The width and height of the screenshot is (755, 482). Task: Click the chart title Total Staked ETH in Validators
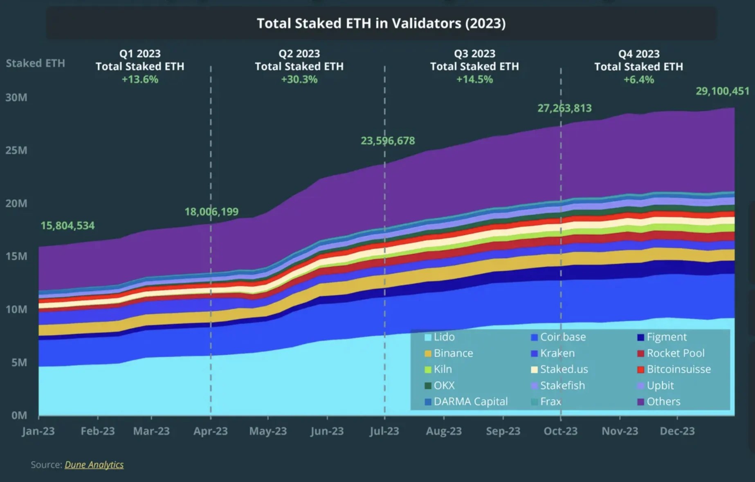(x=381, y=23)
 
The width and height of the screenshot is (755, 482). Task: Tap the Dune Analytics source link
(x=94, y=464)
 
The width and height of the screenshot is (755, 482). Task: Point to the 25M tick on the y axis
(x=16, y=150)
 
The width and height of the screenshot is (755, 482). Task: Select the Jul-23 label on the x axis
(x=384, y=431)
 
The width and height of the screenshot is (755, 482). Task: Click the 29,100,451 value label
(x=722, y=91)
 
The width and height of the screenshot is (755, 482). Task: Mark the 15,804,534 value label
(x=67, y=225)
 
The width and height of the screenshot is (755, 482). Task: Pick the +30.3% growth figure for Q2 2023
(x=299, y=79)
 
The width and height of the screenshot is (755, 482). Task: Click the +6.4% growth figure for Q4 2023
(x=638, y=80)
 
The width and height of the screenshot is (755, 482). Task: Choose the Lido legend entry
(x=444, y=337)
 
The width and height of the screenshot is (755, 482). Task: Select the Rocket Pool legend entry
(x=675, y=353)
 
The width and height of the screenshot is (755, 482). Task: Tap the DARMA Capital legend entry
(x=470, y=401)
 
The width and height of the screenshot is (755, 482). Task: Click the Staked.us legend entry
(x=564, y=369)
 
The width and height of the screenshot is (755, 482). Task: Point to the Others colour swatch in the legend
(x=641, y=402)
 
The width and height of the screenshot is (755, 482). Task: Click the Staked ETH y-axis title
(x=35, y=63)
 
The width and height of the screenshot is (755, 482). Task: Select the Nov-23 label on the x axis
(x=620, y=431)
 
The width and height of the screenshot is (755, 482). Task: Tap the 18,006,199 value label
(x=211, y=212)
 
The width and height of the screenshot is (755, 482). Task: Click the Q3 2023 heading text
(x=474, y=54)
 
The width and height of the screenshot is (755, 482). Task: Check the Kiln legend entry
(x=443, y=369)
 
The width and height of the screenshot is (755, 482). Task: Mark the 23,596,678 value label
(x=387, y=141)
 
